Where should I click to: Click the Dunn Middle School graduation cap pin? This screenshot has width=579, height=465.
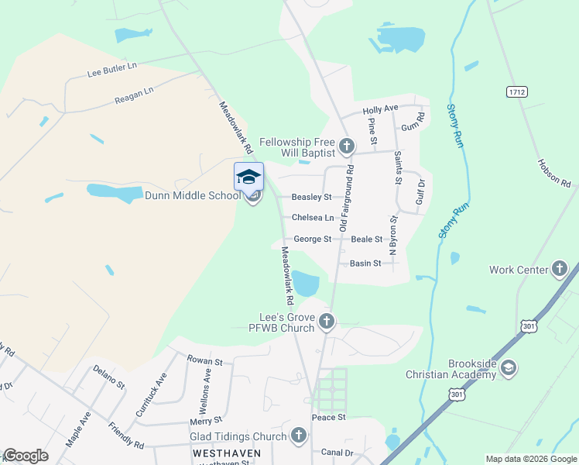click(248, 177)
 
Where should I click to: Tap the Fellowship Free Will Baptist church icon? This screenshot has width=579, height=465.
click(347, 146)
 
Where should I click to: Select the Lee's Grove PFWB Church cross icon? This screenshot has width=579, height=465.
click(326, 321)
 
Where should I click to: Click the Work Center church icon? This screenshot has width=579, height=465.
click(560, 270)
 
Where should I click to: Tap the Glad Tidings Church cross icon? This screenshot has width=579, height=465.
click(299, 436)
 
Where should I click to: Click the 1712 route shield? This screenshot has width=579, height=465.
click(517, 91)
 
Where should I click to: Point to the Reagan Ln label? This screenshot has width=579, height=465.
click(134, 95)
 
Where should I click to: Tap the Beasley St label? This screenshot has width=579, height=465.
click(311, 198)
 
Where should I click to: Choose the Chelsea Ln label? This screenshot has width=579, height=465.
click(313, 218)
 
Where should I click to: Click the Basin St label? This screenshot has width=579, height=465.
click(365, 263)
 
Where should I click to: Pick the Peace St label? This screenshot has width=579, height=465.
click(328, 418)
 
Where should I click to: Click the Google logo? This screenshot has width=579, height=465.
click(26, 456)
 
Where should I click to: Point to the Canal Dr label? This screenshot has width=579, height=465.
click(337, 453)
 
